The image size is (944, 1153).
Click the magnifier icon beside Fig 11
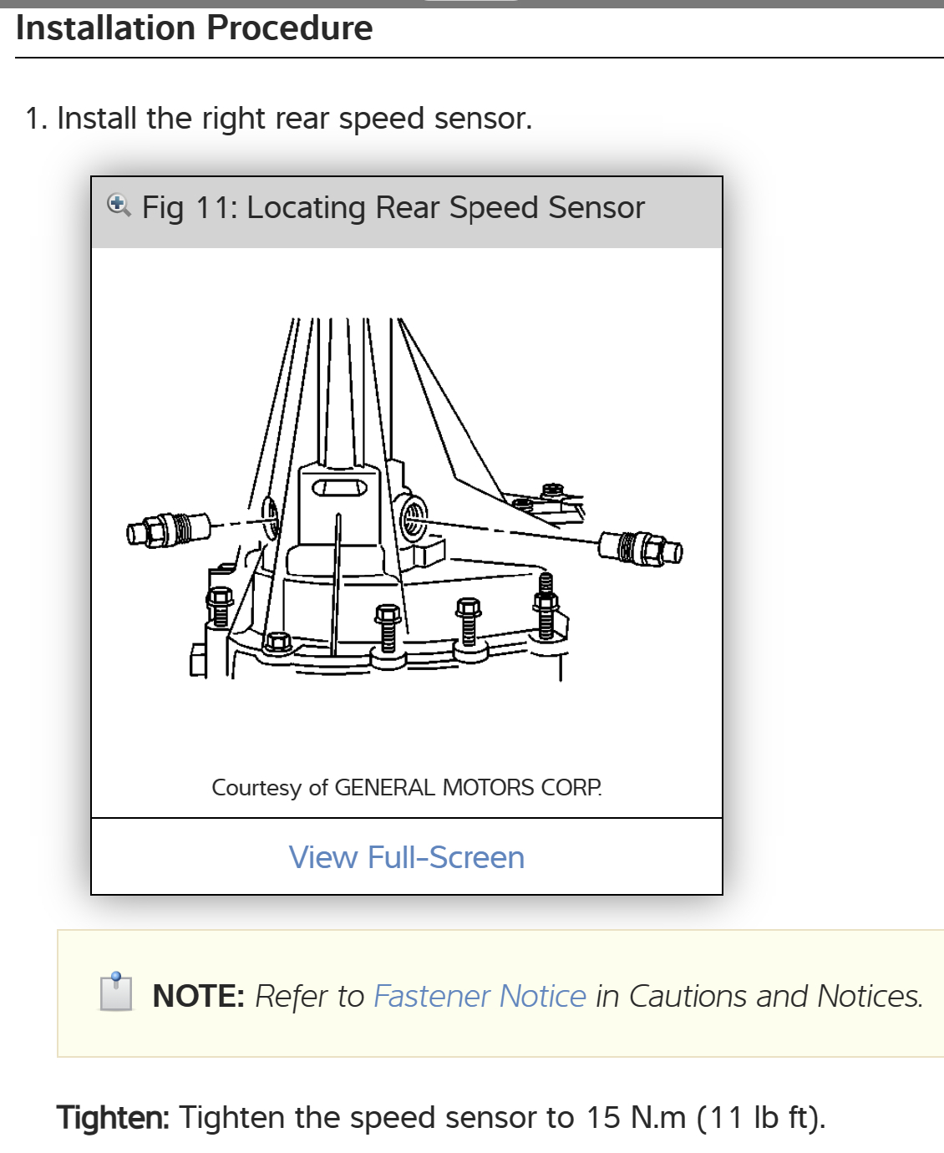point(119,205)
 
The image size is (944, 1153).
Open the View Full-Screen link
point(407,857)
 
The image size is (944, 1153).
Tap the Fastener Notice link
point(480,996)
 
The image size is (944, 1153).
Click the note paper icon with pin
point(116,992)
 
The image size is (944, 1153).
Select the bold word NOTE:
point(198,996)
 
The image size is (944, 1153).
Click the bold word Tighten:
point(113,1117)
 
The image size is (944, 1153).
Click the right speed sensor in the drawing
point(640,548)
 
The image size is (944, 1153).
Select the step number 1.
point(35,119)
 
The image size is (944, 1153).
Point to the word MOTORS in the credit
point(488,788)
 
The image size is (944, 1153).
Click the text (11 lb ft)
point(760,1117)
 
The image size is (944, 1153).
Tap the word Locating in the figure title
point(306,207)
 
